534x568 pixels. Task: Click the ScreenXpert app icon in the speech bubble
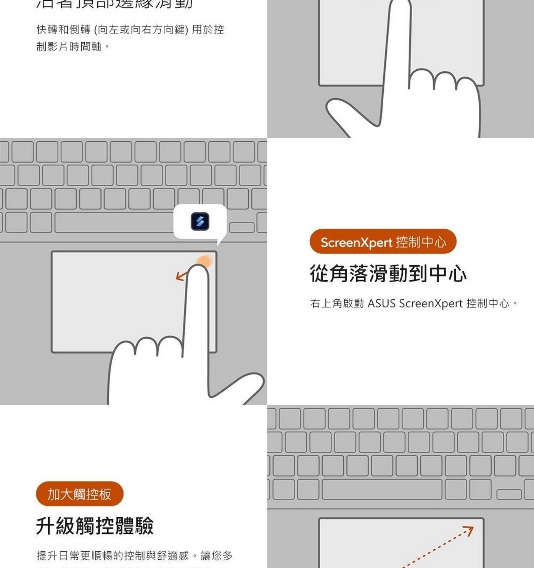pyautogui.click(x=200, y=221)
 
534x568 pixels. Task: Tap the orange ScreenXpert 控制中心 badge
pyautogui.click(x=383, y=242)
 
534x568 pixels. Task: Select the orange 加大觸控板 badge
pyautogui.click(x=79, y=494)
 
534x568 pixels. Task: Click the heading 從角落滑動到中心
pyautogui.click(x=388, y=274)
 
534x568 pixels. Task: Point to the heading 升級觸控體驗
pyautogui.click(x=95, y=526)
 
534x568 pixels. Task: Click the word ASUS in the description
pyautogui.click(x=381, y=303)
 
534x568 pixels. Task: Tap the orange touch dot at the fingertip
pyautogui.click(x=204, y=261)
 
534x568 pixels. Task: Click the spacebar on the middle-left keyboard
pyautogui.click(x=114, y=223)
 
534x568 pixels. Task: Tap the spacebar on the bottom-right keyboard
pyautogui.click(x=382, y=490)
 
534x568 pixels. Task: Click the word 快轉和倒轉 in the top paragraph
pyautogui.click(x=63, y=29)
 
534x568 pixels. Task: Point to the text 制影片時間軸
pyautogui.click(x=69, y=46)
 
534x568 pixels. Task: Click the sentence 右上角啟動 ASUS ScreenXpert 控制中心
pyautogui.click(x=414, y=303)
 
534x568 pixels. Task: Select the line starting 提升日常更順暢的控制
pyautogui.click(x=134, y=555)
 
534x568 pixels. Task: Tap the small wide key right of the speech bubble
pyautogui.click(x=242, y=227)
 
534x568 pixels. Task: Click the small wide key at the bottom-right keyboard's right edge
pyautogui.click(x=509, y=494)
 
